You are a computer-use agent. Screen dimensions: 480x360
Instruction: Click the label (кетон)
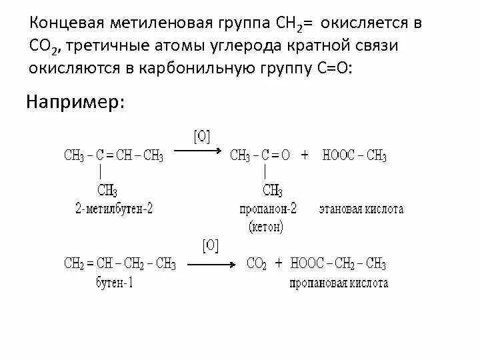tap(267, 227)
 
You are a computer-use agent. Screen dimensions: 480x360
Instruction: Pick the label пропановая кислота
tap(339, 283)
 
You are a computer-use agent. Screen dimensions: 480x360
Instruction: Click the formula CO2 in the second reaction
tap(257, 263)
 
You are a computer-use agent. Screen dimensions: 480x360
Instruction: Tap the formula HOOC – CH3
tap(354, 156)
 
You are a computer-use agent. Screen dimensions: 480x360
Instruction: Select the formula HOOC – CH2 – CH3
tap(338, 263)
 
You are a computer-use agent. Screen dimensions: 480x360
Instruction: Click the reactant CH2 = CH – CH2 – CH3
tap(120, 263)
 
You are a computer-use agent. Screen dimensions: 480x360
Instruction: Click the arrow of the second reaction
tap(211, 265)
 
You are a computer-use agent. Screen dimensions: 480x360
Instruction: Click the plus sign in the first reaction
tap(305, 155)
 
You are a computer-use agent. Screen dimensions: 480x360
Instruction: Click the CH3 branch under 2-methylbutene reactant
tap(107, 191)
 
